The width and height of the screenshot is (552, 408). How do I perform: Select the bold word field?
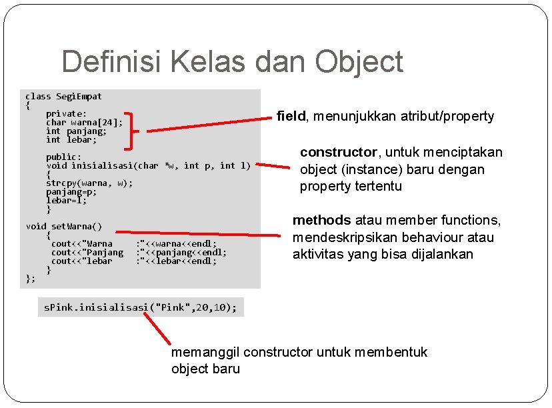click(291, 117)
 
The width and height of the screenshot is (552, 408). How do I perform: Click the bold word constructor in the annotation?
click(338, 152)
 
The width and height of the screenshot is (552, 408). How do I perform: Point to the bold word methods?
click(321, 220)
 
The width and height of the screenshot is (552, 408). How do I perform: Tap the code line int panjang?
click(76, 131)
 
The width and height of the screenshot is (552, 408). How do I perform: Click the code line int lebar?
click(71, 140)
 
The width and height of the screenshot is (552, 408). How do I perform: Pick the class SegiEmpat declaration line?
click(64, 97)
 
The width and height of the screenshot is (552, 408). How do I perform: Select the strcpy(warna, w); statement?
click(89, 183)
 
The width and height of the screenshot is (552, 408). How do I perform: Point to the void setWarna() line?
click(64, 227)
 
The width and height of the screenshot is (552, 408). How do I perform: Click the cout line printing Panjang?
click(139, 253)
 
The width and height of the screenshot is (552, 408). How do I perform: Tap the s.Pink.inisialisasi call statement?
click(141, 307)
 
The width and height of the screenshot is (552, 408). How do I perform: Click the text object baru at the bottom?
click(205, 369)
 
